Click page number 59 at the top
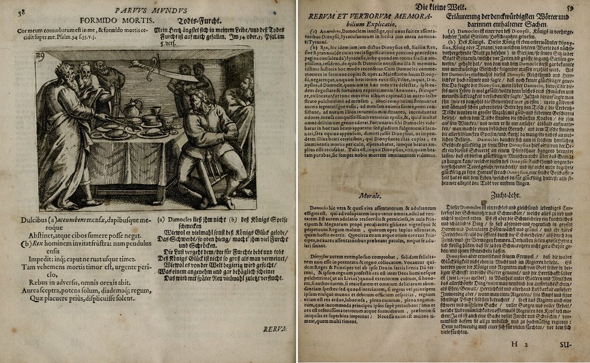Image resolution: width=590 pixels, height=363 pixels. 569,8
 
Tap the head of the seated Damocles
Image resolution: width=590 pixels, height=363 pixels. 199,98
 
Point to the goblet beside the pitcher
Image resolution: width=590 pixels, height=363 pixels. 155,111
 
